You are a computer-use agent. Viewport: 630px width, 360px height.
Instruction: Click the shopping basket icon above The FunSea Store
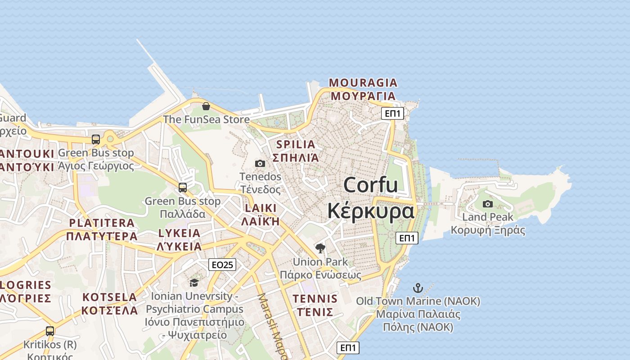tap(206, 106)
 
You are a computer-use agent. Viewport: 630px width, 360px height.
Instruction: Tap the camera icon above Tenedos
tap(260, 163)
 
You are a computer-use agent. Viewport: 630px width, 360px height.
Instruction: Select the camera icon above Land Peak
tap(487, 204)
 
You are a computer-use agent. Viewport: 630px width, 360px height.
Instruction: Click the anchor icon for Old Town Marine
tap(418, 288)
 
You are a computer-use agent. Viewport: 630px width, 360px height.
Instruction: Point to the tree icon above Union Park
tap(320, 248)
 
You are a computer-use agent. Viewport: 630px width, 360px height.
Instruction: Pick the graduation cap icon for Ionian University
tap(194, 283)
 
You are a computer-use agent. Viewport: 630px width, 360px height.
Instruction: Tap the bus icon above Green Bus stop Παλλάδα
tap(183, 188)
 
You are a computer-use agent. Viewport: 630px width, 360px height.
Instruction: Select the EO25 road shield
tap(222, 265)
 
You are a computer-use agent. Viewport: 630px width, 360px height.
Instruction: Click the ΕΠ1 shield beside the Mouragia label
tap(392, 113)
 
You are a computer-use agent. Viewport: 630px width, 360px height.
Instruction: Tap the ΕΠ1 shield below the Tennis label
tap(348, 347)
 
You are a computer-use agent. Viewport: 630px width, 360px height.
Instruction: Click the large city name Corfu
tap(370, 185)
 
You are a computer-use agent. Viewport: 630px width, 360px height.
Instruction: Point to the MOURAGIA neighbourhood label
tap(363, 83)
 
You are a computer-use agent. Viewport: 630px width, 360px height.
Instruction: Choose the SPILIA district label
tap(296, 144)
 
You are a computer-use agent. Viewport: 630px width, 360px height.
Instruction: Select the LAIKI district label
tap(261, 208)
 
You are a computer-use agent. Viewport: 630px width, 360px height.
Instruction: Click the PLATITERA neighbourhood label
tap(102, 223)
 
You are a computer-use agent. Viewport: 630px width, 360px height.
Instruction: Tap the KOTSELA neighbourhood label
tap(110, 297)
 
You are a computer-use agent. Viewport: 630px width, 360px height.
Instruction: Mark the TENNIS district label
tap(315, 299)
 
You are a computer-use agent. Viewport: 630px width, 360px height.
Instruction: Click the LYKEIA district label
tap(179, 233)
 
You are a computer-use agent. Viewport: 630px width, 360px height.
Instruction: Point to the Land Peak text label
tap(488, 217)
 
